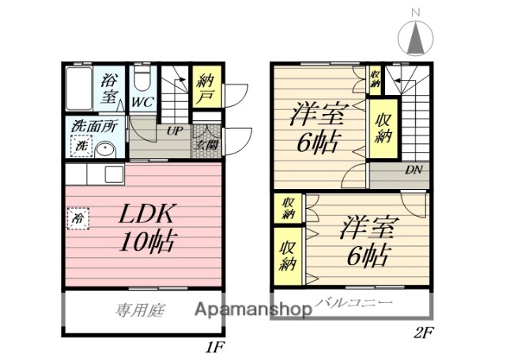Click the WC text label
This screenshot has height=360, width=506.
click(143, 102)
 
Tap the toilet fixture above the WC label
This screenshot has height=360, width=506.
click(143, 79)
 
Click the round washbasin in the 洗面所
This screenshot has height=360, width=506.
click(105, 149)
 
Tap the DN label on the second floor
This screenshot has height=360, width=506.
click(413, 169)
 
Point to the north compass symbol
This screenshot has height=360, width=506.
click(417, 36)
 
